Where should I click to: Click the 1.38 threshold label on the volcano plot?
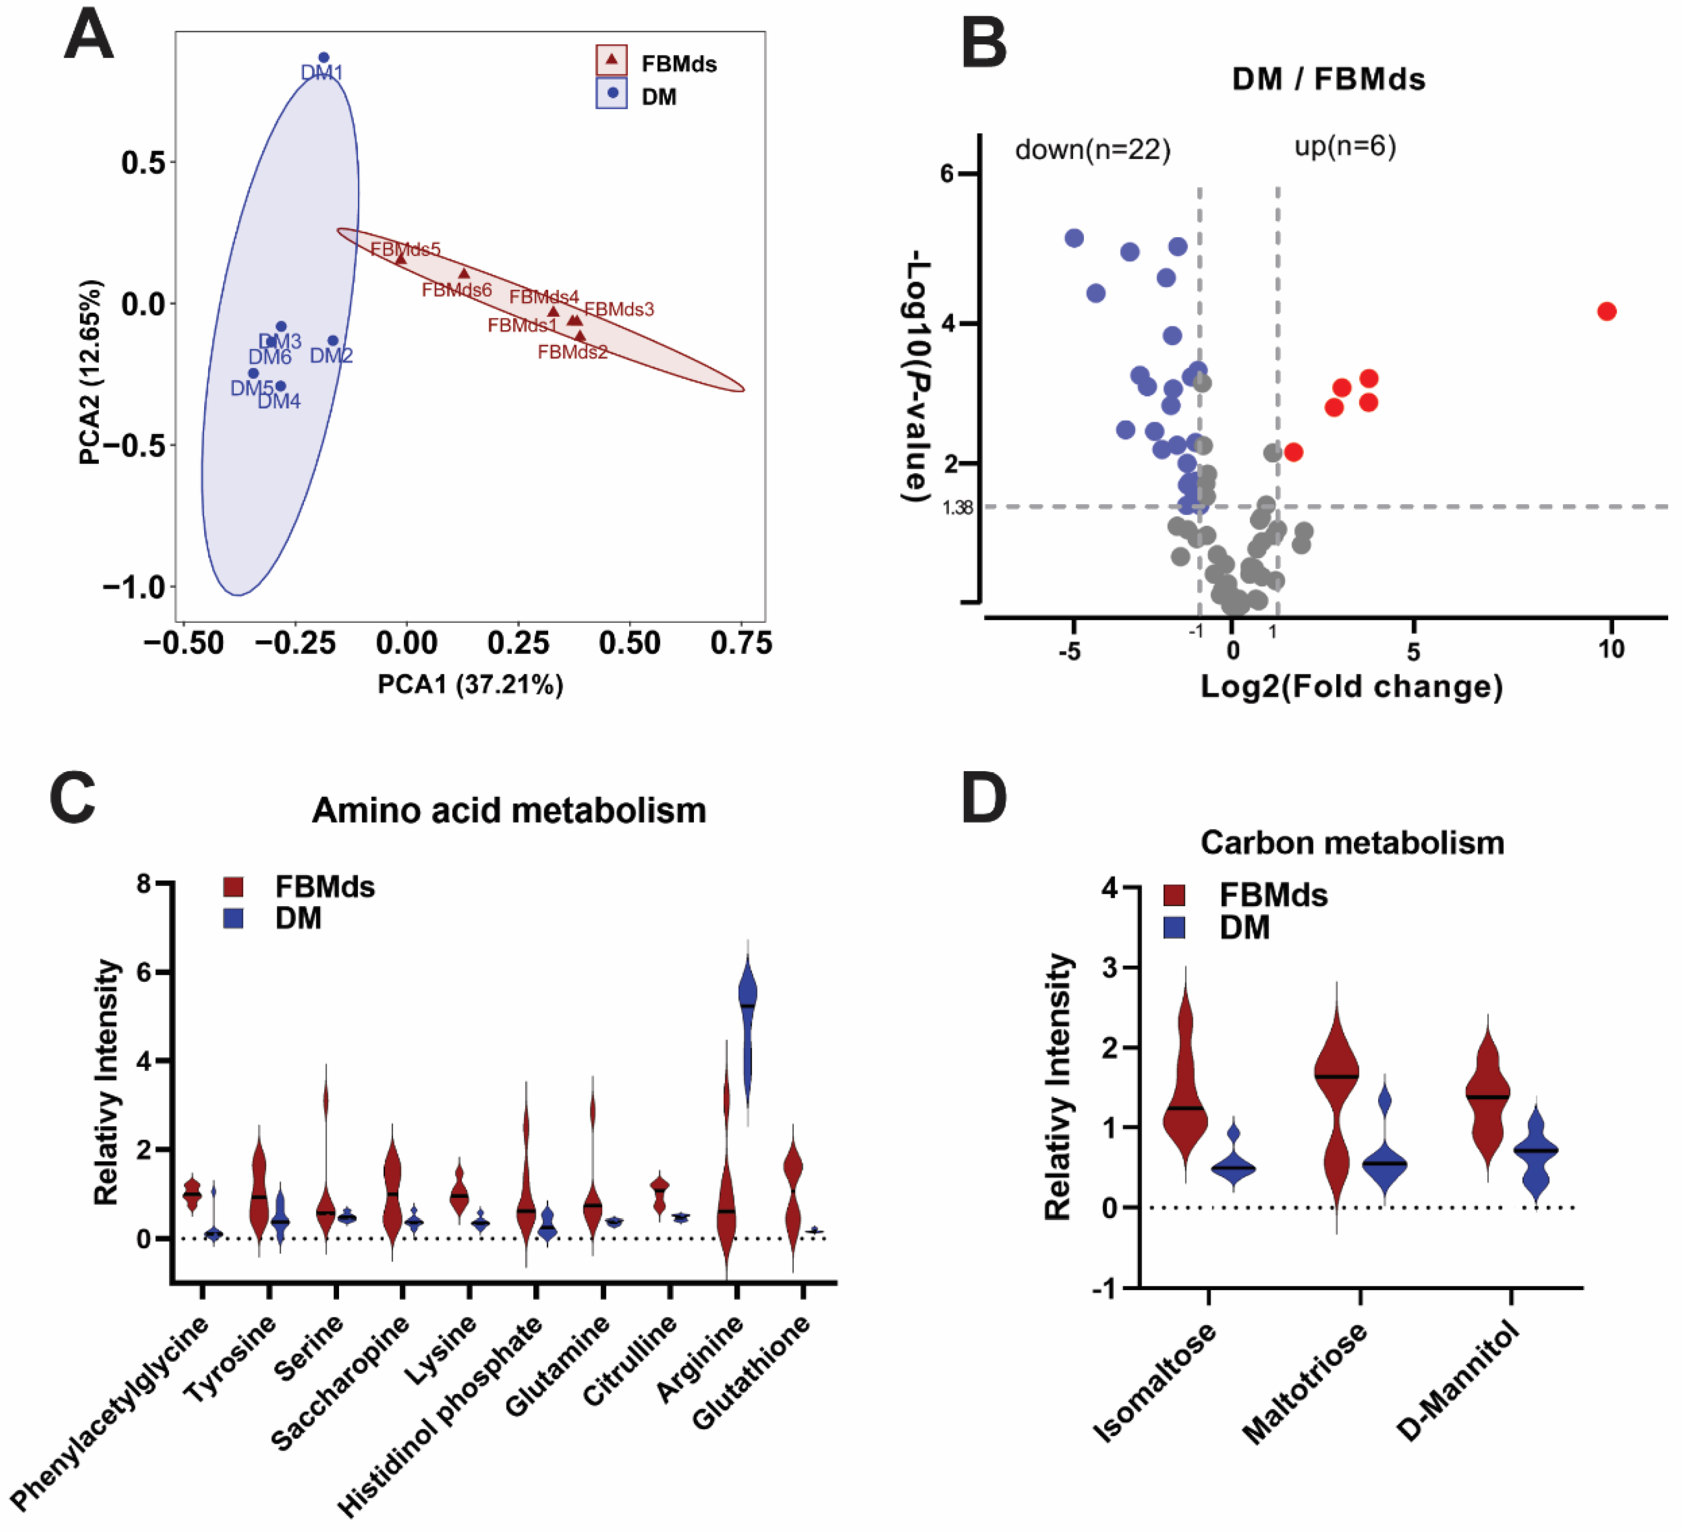click(x=957, y=507)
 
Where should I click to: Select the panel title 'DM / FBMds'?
click(x=1328, y=79)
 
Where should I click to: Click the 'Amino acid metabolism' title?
click(x=509, y=810)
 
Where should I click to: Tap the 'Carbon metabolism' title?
click(x=1352, y=843)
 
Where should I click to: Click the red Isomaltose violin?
click(x=1185, y=1085)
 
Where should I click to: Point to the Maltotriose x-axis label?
click(x=1304, y=1383)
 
